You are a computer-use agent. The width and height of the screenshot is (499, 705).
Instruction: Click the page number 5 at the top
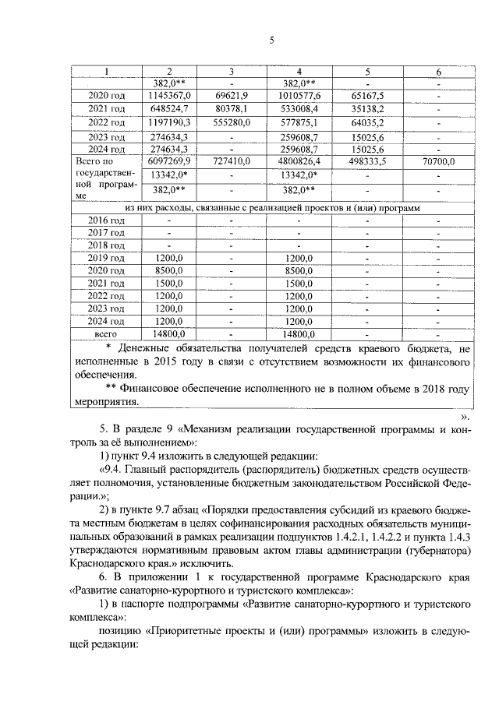pyautogui.click(x=272, y=41)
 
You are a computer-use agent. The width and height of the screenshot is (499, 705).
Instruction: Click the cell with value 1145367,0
pyautogui.click(x=169, y=94)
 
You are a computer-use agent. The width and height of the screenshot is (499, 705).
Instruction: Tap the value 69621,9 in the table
pyautogui.click(x=231, y=94)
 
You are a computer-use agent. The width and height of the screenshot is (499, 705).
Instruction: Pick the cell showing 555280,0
pyautogui.click(x=231, y=122)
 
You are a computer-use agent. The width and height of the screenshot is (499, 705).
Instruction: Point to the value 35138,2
pyautogui.click(x=367, y=108)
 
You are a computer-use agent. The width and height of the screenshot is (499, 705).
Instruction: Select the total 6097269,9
pyautogui.click(x=169, y=161)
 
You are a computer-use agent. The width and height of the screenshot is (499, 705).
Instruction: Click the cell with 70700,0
pyautogui.click(x=438, y=161)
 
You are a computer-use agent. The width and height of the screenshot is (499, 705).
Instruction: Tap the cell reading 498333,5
pyautogui.click(x=367, y=161)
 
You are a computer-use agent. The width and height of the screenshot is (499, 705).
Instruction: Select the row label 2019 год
pyautogui.click(x=107, y=258)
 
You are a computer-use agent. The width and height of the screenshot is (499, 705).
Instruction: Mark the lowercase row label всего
pyautogui.click(x=107, y=333)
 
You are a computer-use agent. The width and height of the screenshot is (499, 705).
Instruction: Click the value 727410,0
pyautogui.click(x=231, y=161)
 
